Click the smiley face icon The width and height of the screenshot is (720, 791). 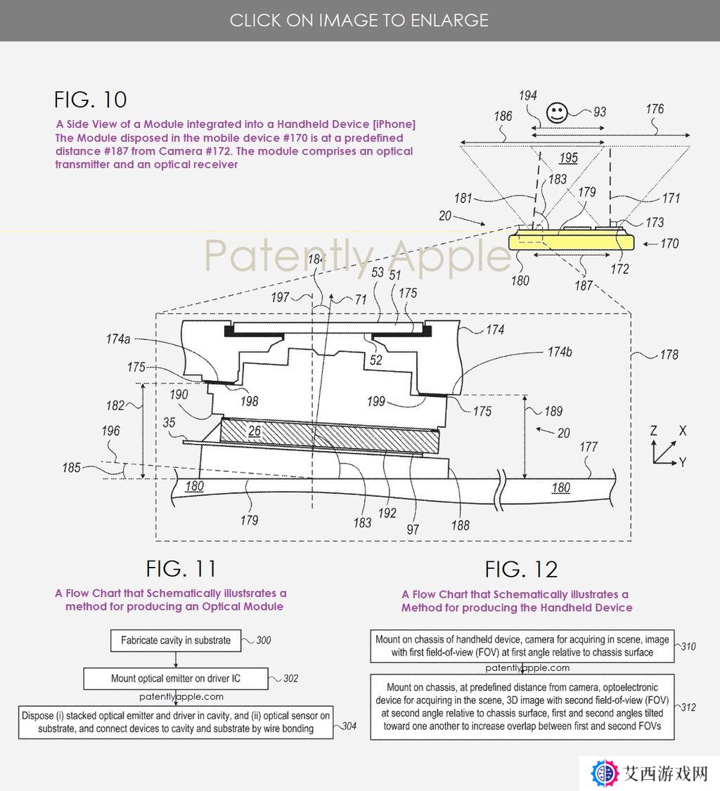[x=557, y=112]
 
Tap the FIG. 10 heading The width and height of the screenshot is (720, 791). [x=91, y=99]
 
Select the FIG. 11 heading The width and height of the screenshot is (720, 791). [x=181, y=568]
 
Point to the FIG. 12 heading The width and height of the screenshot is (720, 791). [x=521, y=570]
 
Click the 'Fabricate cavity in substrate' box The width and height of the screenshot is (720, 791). [x=176, y=640]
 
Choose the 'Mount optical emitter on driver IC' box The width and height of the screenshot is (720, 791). [x=176, y=679]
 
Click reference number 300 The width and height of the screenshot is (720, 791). [x=264, y=640]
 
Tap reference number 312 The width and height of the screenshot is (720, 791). [x=688, y=707]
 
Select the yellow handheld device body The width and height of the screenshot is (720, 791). [x=571, y=240]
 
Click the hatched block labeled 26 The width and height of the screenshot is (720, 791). [x=329, y=436]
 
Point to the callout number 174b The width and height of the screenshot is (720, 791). [x=560, y=352]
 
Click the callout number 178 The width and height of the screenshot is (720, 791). [x=669, y=355]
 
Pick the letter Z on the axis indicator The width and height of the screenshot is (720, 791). [x=653, y=431]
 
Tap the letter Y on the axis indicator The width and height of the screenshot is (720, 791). [x=683, y=462]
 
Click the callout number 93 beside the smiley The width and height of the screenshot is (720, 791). [x=599, y=112]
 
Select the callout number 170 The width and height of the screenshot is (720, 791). [x=669, y=244]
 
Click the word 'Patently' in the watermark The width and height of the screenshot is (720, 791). [x=289, y=256]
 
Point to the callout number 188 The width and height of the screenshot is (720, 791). [x=460, y=525]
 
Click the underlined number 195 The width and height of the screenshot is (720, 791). [x=569, y=158]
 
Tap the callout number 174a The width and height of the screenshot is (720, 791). [x=118, y=339]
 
